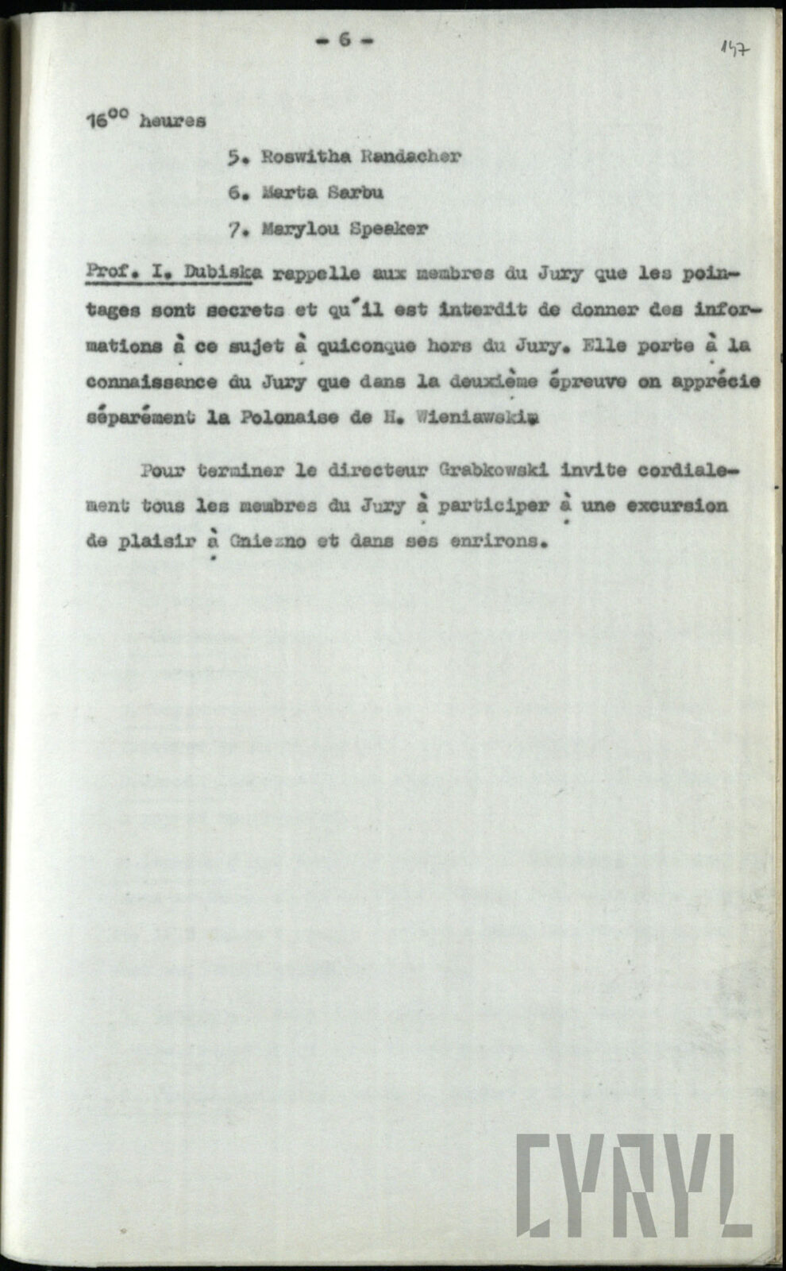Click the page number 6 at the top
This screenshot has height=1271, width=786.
point(345,40)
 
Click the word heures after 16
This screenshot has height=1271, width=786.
point(172,122)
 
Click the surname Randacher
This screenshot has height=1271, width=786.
point(410,156)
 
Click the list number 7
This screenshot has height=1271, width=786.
point(234,230)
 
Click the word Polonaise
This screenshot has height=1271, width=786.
point(272,419)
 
